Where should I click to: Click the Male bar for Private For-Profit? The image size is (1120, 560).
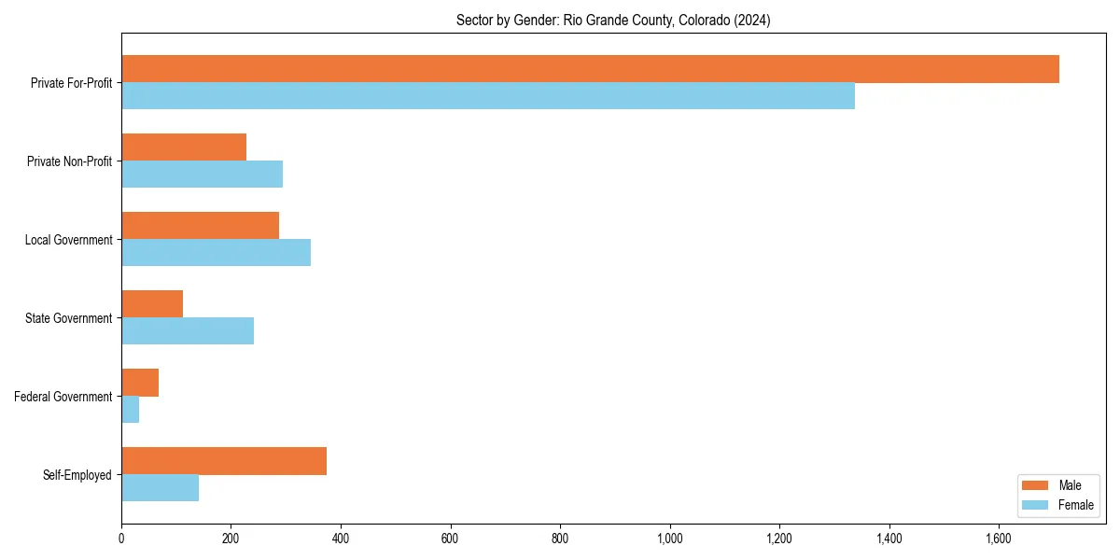tap(590, 69)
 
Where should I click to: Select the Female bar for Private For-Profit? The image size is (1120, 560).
tap(488, 96)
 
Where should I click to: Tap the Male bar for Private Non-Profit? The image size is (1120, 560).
tap(184, 147)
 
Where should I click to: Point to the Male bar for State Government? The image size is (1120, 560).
tap(152, 304)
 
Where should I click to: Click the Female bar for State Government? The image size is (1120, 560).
tap(188, 331)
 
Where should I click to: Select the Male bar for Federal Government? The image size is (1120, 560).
tap(140, 383)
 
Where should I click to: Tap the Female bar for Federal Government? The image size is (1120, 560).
tap(131, 410)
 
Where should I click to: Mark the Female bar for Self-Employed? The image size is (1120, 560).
tap(160, 488)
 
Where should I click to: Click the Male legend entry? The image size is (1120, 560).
tap(1057, 485)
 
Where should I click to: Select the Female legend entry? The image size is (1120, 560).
tap(1057, 505)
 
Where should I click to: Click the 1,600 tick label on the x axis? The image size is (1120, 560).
tap(999, 539)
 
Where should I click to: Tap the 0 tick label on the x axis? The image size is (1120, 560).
tap(121, 539)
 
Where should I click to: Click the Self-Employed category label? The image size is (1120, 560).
tap(77, 475)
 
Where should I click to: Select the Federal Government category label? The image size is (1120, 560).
tap(63, 397)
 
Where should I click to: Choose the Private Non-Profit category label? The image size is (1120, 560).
tap(70, 161)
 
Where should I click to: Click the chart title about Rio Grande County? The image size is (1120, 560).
tap(613, 20)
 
